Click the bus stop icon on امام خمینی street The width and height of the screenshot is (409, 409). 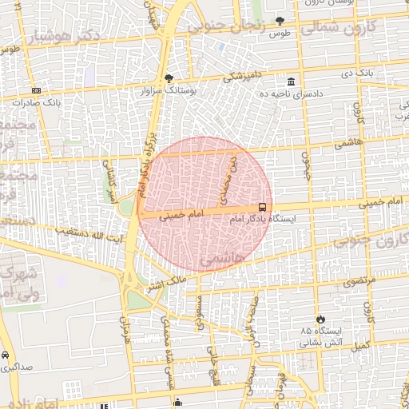point(263,207)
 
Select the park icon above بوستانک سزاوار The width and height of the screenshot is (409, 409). point(168,78)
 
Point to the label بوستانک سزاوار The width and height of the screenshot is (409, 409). point(169,90)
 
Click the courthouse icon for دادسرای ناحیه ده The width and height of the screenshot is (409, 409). point(290,82)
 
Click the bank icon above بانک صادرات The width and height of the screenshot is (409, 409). point(36,91)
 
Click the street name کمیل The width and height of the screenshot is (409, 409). point(360,345)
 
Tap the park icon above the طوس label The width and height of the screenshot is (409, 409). point(279,21)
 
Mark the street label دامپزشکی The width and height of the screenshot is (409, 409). point(239,76)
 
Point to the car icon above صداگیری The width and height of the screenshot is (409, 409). point(6,354)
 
